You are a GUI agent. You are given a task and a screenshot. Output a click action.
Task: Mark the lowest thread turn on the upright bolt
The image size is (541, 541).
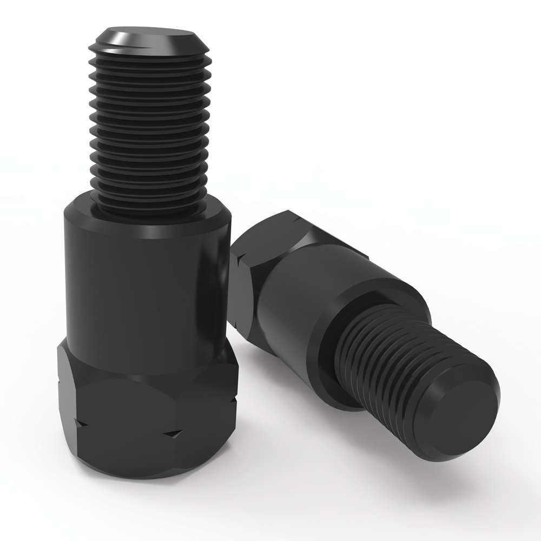149,203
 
